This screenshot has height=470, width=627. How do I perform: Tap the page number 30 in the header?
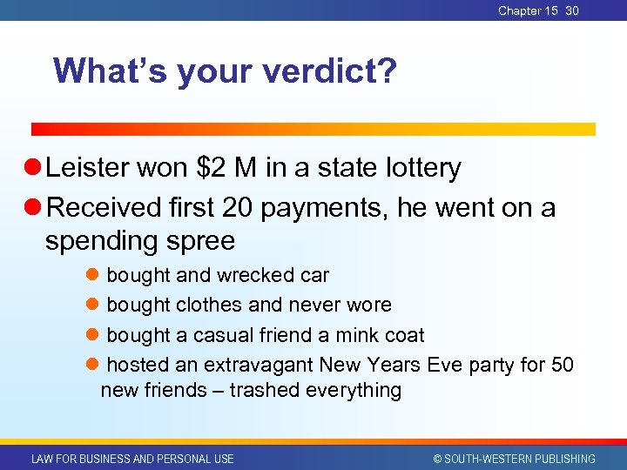tap(572, 10)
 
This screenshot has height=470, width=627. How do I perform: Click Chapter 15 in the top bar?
tap(528, 10)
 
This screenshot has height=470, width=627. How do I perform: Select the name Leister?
tap(91, 168)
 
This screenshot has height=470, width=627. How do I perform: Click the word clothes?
tap(209, 305)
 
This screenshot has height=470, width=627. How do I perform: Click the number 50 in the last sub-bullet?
tap(562, 364)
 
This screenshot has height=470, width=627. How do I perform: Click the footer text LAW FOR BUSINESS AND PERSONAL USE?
tap(132, 459)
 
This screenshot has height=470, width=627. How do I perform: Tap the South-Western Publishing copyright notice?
tap(514, 459)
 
